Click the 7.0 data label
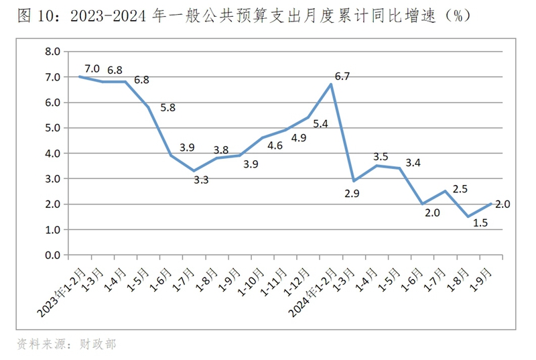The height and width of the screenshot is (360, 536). (92, 68)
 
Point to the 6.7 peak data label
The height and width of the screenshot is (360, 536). (342, 76)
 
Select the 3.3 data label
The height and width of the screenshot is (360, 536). (201, 180)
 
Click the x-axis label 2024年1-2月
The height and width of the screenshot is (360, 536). (314, 288)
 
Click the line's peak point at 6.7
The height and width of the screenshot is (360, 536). (332, 84)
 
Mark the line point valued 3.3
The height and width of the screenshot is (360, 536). (194, 171)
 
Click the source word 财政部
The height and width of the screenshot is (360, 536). (100, 344)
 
